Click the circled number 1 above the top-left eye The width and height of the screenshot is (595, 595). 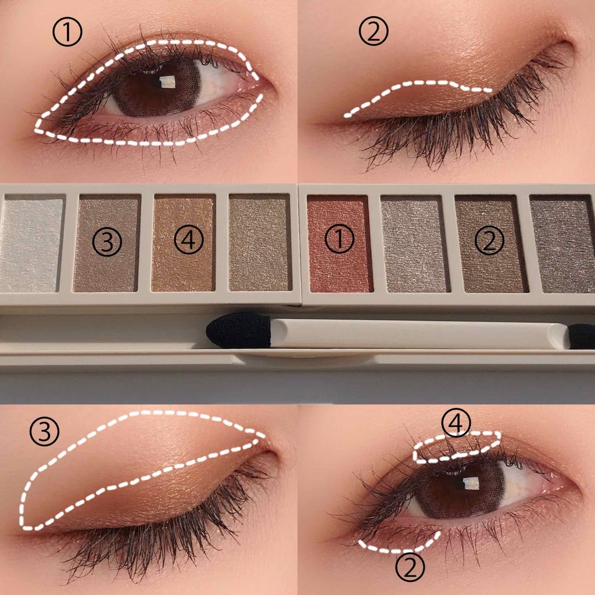click(x=67, y=33)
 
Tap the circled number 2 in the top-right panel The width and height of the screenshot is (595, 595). click(x=374, y=32)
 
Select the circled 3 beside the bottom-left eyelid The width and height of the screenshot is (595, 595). click(x=44, y=432)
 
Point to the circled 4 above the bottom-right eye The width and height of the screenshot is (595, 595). click(x=457, y=423)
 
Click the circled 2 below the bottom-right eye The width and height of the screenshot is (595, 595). click(x=410, y=567)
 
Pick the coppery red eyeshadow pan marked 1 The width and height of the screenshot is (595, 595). click(x=339, y=243)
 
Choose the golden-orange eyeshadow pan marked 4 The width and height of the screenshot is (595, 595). click(x=184, y=243)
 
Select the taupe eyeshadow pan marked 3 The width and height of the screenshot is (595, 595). click(x=107, y=243)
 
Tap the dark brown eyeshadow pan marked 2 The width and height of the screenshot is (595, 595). click(x=491, y=243)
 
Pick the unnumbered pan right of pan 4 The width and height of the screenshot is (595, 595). click(x=260, y=243)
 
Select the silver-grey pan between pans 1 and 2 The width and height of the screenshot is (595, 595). click(x=414, y=243)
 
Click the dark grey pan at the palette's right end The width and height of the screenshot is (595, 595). click(x=563, y=243)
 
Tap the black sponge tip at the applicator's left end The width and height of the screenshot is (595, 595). click(x=239, y=331)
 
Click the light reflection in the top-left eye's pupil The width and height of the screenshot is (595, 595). click(x=167, y=81)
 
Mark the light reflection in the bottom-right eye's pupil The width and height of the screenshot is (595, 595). click(x=471, y=483)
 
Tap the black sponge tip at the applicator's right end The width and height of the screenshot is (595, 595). click(x=582, y=336)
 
